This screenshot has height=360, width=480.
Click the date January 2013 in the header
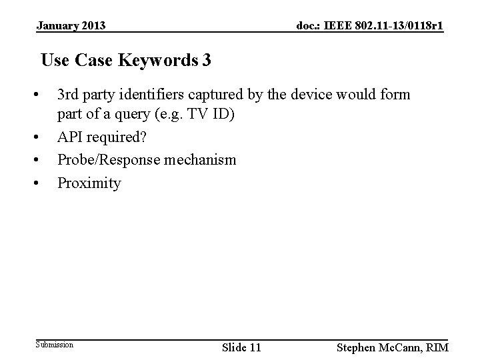pyautogui.click(x=71, y=26)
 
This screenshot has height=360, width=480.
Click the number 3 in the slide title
pyautogui.click(x=207, y=61)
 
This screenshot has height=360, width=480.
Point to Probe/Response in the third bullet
pyautogui.click(x=107, y=161)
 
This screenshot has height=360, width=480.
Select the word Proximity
pyautogui.click(x=89, y=183)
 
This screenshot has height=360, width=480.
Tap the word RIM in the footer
pyautogui.click(x=436, y=347)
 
